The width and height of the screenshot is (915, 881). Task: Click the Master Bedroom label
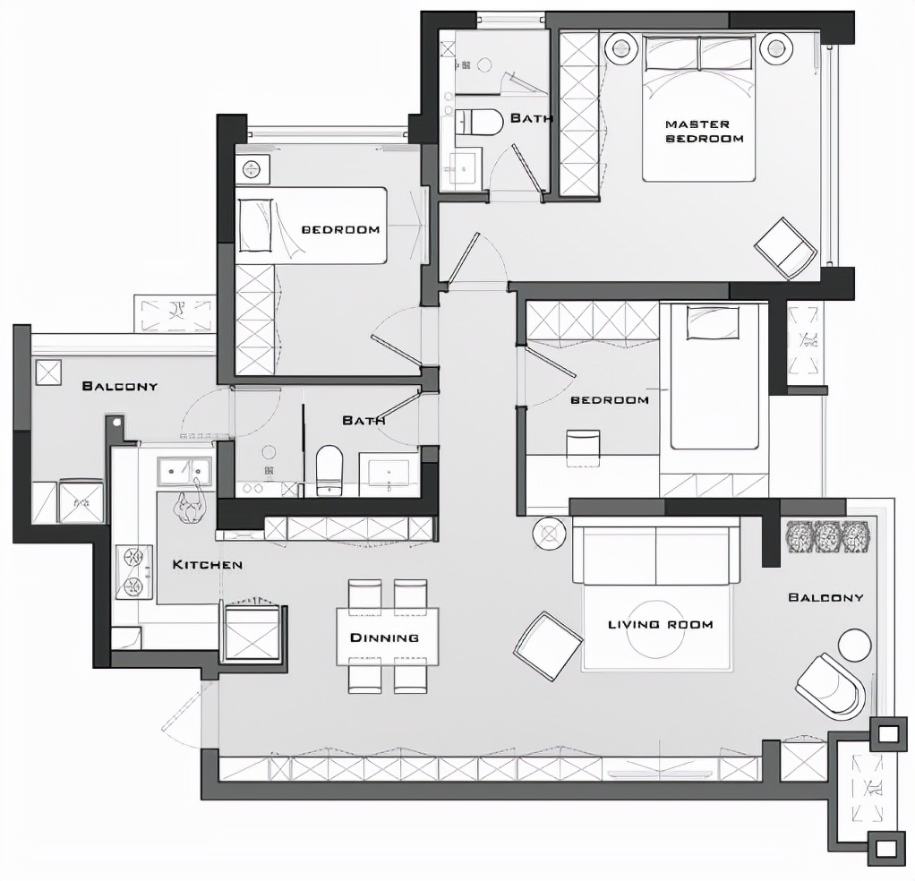coord(705,132)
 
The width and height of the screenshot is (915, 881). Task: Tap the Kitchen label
coord(207,564)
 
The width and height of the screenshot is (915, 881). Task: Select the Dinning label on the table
coord(385,637)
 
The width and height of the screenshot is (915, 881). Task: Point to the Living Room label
coord(661,624)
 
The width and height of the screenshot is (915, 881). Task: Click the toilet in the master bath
coord(478,123)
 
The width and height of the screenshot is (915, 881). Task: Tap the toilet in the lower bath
coord(329,471)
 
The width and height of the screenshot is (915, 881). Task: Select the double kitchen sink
coord(184,471)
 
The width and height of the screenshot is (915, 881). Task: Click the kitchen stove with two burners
coord(134,572)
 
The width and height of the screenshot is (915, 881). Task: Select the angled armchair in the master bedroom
coord(786,248)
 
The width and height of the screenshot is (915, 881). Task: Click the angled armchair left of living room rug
coord(547,646)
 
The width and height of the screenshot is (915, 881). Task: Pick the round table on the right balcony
coord(855,646)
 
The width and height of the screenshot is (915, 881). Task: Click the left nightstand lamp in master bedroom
coord(620,46)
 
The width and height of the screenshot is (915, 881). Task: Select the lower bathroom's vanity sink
coord(389,473)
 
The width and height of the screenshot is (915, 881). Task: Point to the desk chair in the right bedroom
coord(583,448)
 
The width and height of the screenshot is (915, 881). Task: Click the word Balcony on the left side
coord(120,386)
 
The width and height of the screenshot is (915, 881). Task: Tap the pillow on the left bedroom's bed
coord(255,226)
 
